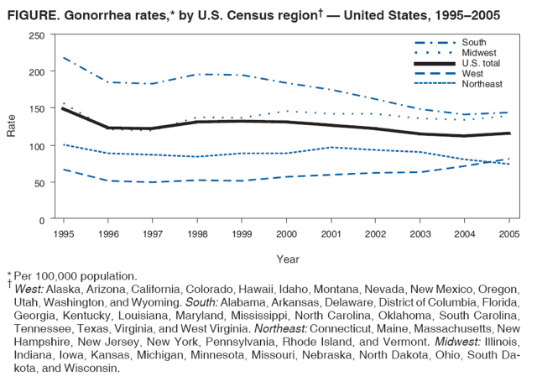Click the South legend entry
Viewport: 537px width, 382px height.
point(473,42)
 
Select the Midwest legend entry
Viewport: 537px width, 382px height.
point(477,53)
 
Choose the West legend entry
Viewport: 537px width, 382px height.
point(472,74)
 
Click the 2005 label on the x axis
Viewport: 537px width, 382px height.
point(508,233)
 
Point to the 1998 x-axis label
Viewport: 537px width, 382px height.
point(196,233)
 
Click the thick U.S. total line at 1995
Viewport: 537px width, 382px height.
point(63,108)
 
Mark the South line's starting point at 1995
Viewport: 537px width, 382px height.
point(63,57)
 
